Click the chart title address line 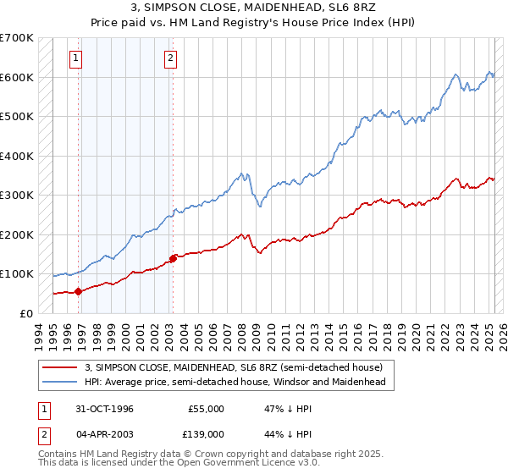254,8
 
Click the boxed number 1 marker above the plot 76,58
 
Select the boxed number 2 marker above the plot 170,58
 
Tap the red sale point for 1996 78,291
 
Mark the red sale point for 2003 173,258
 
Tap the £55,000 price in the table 207,409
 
